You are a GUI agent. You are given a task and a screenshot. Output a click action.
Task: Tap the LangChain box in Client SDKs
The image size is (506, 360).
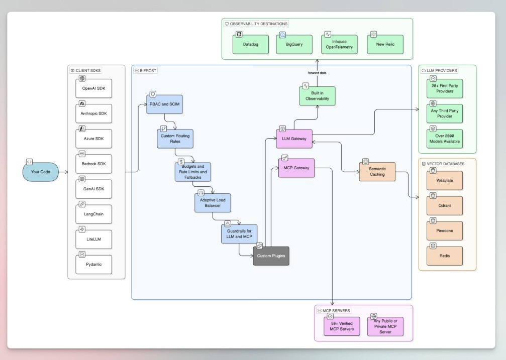93,214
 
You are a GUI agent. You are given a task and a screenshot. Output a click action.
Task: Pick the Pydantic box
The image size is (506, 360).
93,264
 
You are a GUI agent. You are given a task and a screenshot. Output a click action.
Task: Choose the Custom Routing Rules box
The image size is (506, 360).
175,139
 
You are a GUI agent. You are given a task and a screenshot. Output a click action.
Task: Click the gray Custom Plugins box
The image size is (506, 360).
271,256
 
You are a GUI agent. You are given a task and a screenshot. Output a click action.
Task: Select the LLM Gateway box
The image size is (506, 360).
294,139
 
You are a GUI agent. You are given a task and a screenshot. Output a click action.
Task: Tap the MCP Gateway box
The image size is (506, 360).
296,168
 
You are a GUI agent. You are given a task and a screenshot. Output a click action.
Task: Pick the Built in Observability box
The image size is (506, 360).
317,95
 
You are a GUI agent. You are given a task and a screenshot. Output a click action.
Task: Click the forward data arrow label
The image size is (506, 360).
317,73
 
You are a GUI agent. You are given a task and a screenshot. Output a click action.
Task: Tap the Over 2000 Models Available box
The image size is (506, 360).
445,138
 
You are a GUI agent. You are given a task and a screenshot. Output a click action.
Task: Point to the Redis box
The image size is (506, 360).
444,256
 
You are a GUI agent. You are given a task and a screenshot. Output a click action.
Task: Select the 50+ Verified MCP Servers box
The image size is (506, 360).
342,326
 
